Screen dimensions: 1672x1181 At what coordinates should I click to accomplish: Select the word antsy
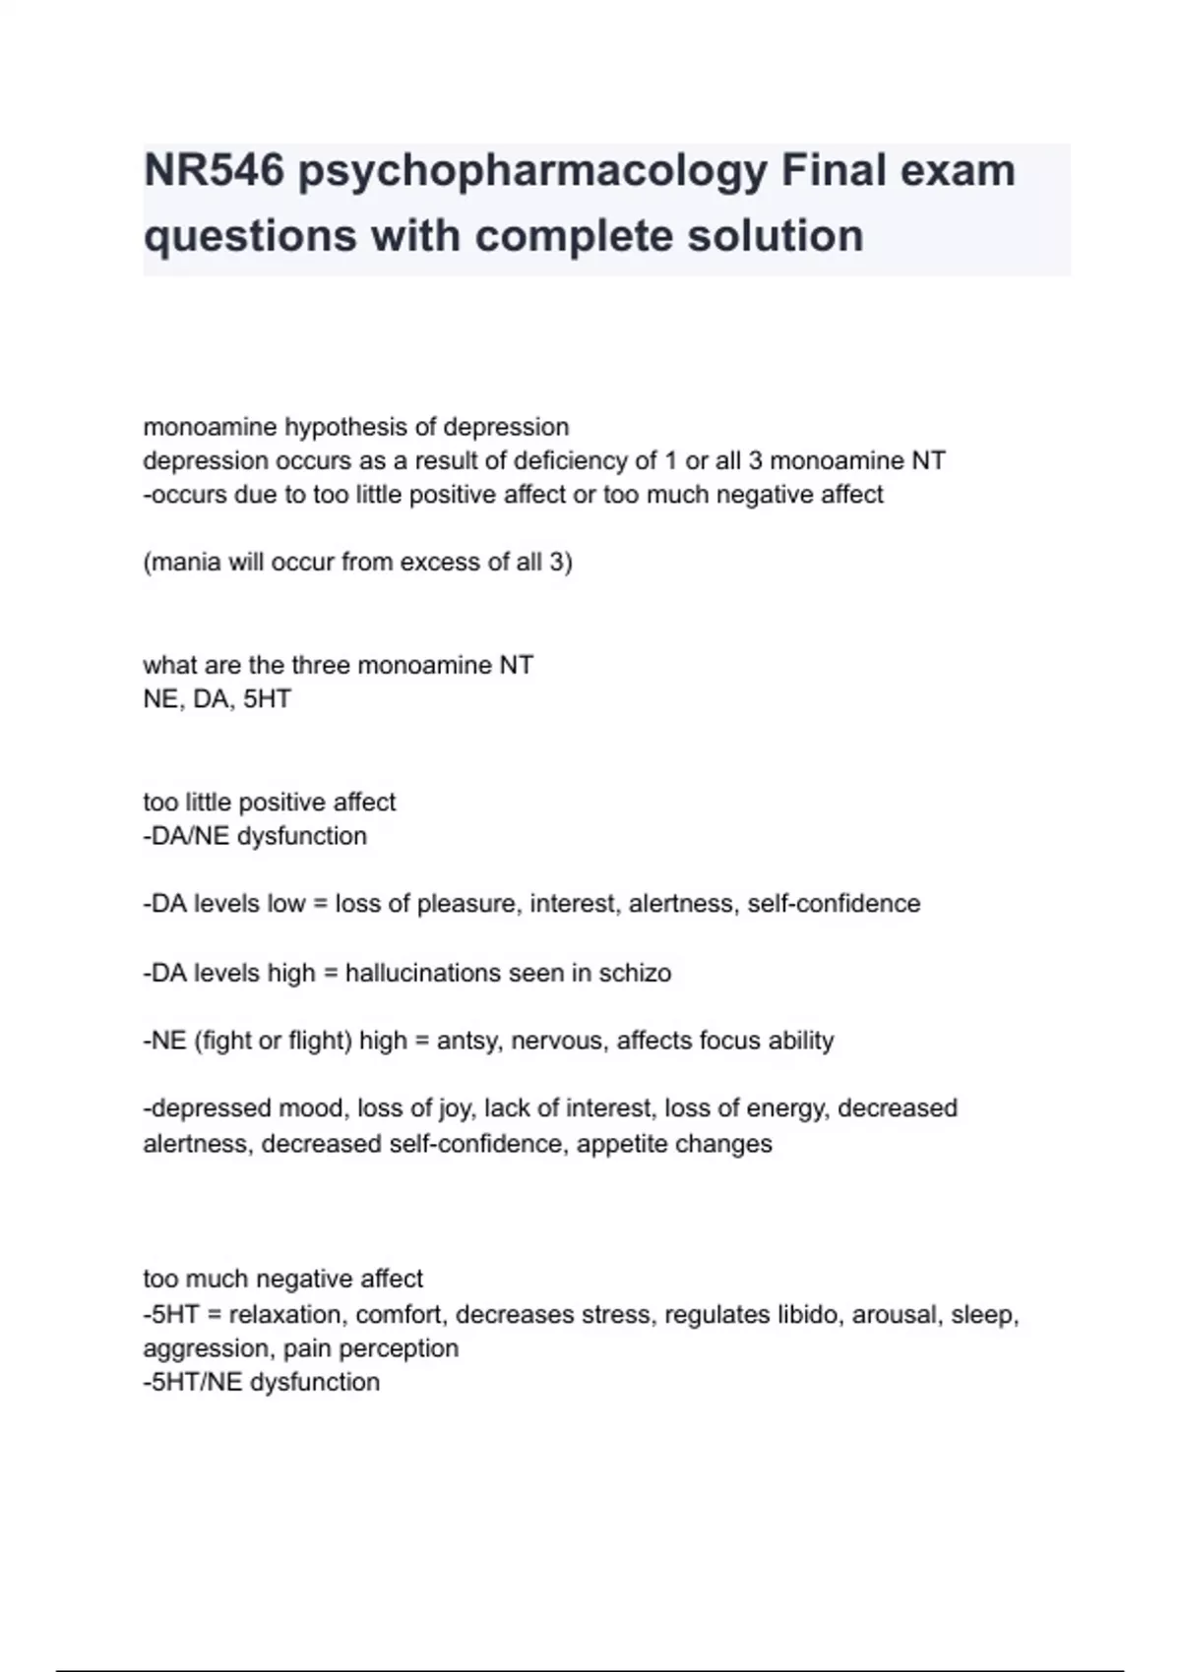467,1041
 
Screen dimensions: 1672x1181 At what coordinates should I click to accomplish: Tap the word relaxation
286,1315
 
